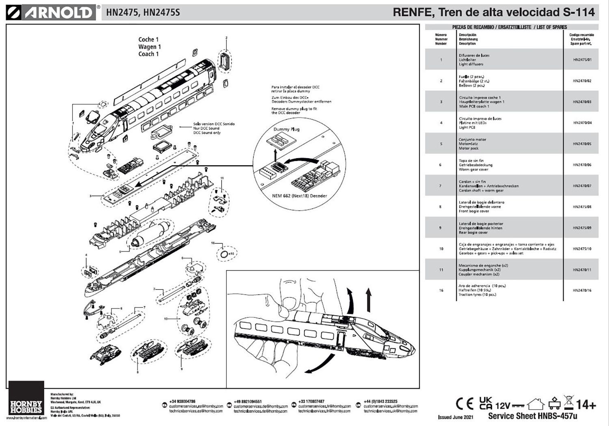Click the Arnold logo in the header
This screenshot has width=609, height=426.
tap(51, 13)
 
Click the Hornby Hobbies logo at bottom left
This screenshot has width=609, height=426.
tap(26, 400)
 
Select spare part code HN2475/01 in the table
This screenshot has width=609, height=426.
tap(582, 60)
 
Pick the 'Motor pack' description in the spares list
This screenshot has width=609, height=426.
tap(469, 148)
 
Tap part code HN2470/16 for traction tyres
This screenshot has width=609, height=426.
tap(582, 290)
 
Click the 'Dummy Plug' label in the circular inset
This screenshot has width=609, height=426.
tap(286, 129)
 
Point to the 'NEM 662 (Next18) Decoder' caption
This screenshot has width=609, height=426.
tap(299, 196)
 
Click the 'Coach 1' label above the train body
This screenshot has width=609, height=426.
tap(149, 54)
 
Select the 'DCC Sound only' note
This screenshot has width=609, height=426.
tap(207, 133)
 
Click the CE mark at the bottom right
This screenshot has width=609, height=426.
tap(464, 404)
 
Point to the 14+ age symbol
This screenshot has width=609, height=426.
tap(586, 404)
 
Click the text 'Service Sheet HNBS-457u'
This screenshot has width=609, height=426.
tap(532, 416)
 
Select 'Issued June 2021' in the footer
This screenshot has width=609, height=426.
tap(456, 417)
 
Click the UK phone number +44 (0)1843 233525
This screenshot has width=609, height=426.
tap(380, 401)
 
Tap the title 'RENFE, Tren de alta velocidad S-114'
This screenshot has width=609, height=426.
tap(494, 12)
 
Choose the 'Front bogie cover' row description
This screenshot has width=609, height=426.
tap(474, 211)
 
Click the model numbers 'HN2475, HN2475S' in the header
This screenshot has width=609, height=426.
tap(143, 13)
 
